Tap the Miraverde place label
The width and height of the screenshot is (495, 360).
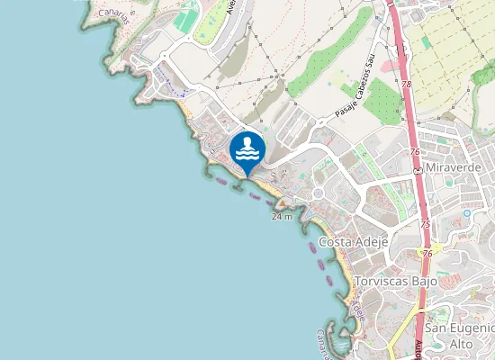point(455,168)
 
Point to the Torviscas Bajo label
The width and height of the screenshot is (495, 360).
point(396,282)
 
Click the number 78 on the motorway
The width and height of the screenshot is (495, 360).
point(407,85)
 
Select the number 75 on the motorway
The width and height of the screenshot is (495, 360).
point(424,224)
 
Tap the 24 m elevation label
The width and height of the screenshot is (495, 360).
point(282,218)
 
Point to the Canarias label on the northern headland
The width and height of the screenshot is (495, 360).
point(113,13)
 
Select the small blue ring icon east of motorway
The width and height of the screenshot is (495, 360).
point(467,213)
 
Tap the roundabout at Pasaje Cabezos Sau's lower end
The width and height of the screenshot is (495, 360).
point(317,125)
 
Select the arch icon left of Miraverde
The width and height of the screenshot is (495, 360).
point(418,168)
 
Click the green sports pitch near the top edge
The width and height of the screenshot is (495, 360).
point(186,18)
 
